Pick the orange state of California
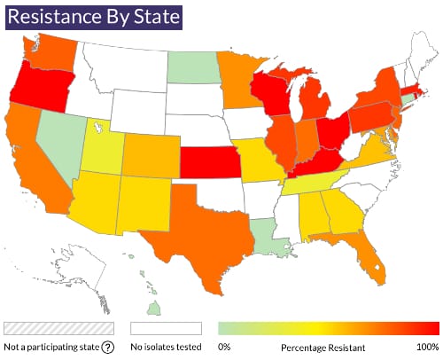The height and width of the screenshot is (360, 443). point(32,168)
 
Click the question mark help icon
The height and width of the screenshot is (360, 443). point(107,347)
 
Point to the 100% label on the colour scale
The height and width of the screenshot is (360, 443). point(426,347)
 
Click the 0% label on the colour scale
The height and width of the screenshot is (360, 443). point(225,347)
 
